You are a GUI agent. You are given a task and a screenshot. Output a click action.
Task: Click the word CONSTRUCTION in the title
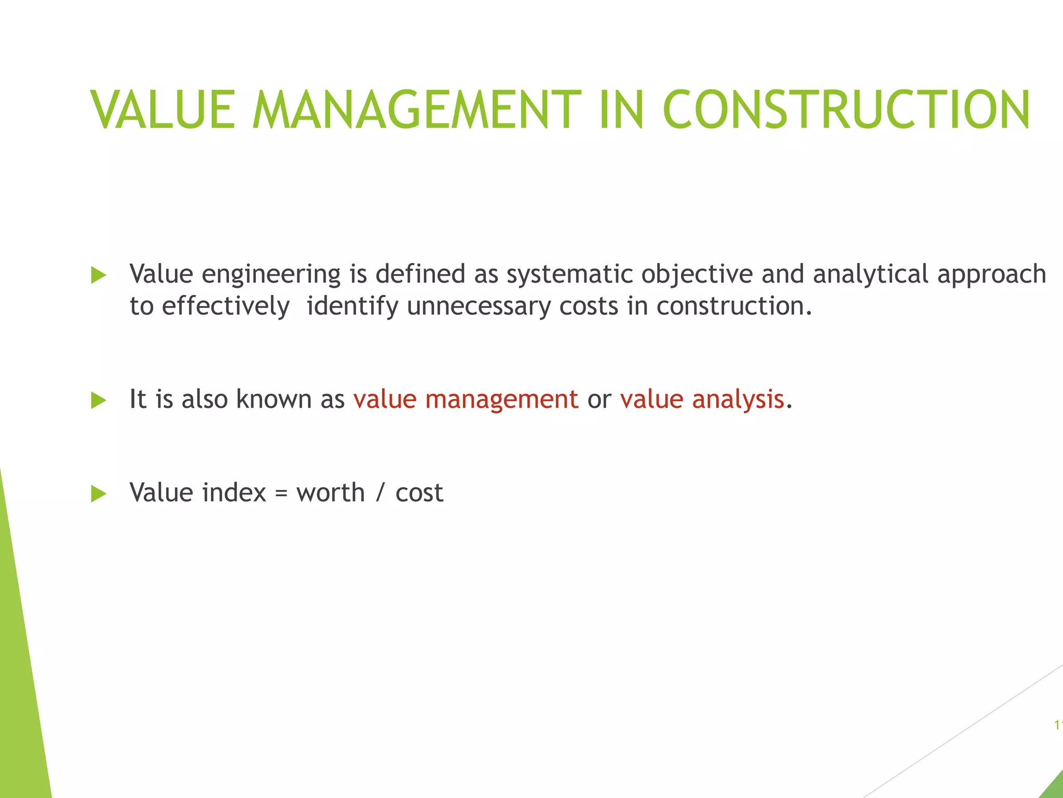(x=846, y=110)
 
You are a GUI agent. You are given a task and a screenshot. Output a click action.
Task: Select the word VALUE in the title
(x=163, y=110)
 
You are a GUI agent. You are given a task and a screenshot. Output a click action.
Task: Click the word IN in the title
(x=621, y=110)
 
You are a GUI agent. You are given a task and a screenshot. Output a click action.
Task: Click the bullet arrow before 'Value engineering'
(x=98, y=275)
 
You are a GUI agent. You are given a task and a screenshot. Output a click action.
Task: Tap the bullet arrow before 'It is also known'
(x=98, y=400)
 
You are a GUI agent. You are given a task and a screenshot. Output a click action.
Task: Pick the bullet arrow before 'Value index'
(x=98, y=494)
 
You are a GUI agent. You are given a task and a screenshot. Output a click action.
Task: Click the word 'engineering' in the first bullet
(x=271, y=275)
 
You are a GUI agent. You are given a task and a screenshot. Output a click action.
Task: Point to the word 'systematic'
(x=569, y=274)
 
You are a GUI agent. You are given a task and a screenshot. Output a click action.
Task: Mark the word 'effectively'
(x=225, y=307)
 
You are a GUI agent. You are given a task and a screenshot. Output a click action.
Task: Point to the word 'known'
(x=274, y=399)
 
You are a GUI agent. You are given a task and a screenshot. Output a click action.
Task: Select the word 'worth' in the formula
(x=331, y=493)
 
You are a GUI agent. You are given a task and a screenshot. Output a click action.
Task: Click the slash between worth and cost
(x=380, y=493)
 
